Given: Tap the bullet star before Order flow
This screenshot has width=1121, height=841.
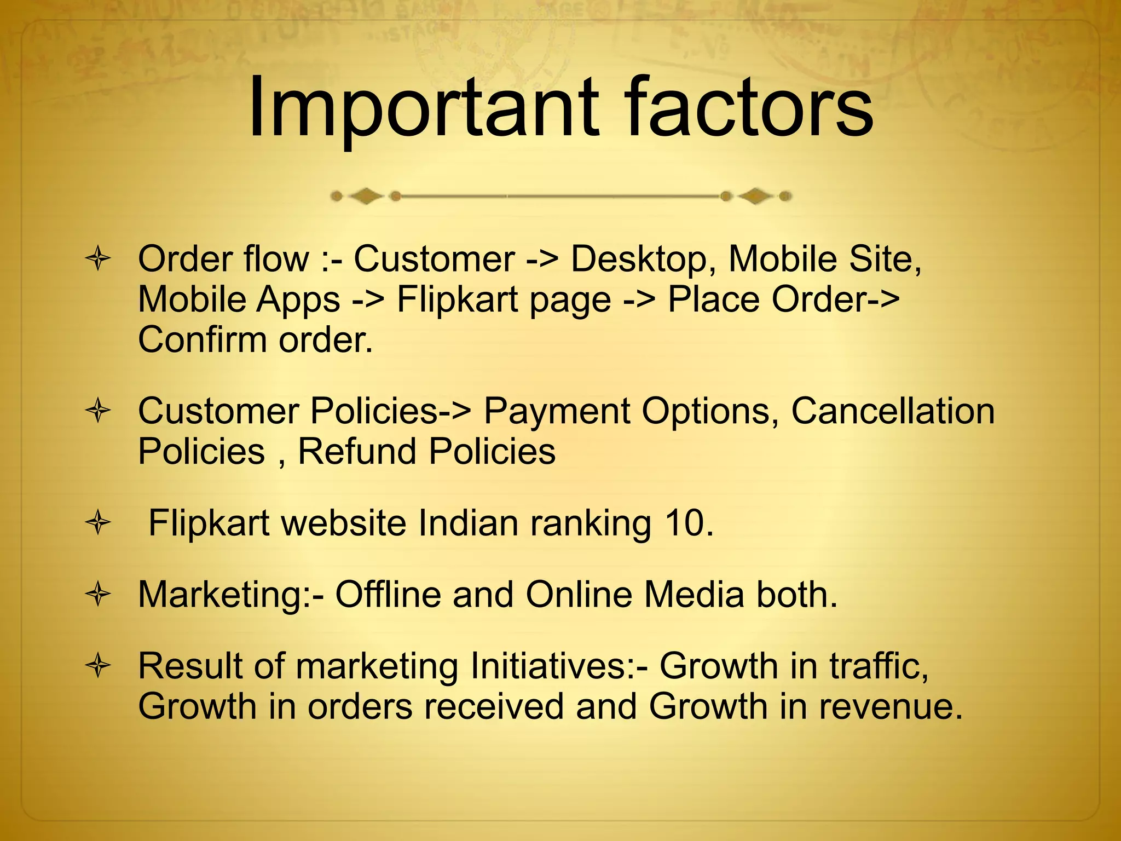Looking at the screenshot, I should pyautogui.click(x=99, y=259).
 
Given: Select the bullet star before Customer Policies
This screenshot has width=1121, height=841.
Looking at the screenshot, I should pyautogui.click(x=99, y=411).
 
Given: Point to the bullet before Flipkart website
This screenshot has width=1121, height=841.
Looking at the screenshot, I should pyautogui.click(x=99, y=523).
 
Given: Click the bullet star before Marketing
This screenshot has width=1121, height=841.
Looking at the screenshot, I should pyautogui.click(x=99, y=595).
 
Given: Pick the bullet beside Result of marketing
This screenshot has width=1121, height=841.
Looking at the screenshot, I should pyautogui.click(x=99, y=666).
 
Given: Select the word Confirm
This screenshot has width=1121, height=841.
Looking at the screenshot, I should pyautogui.click(x=202, y=340).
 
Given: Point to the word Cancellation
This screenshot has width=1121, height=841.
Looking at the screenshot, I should pyautogui.click(x=893, y=411).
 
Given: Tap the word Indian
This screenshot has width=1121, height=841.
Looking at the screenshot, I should pyautogui.click(x=468, y=523).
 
